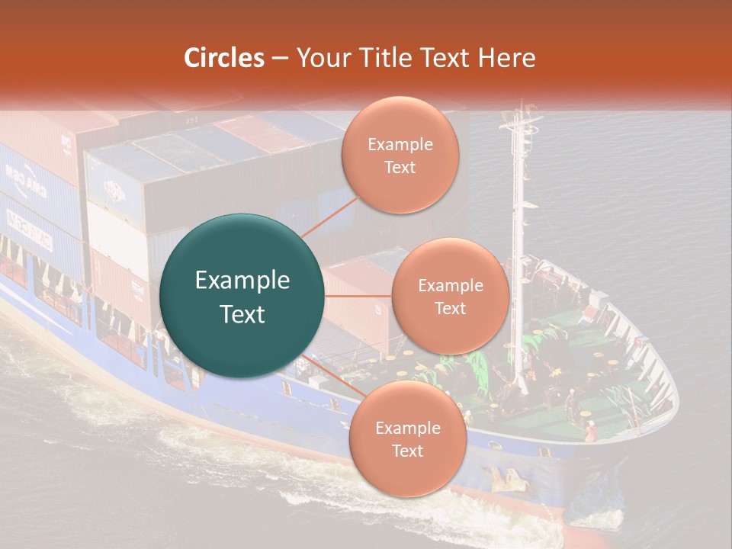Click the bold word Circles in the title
point(224,58)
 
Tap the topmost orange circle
point(400,155)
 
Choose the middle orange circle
point(450,296)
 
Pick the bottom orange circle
point(407,438)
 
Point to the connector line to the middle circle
point(358,296)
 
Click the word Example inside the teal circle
point(242,281)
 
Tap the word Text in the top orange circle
point(400,167)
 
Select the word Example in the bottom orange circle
point(407,428)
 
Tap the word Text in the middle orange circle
point(450,308)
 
